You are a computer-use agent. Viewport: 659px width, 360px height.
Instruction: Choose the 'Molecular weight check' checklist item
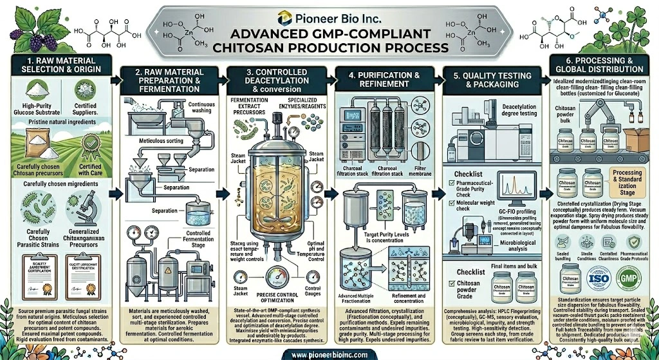click(x=472, y=205)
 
